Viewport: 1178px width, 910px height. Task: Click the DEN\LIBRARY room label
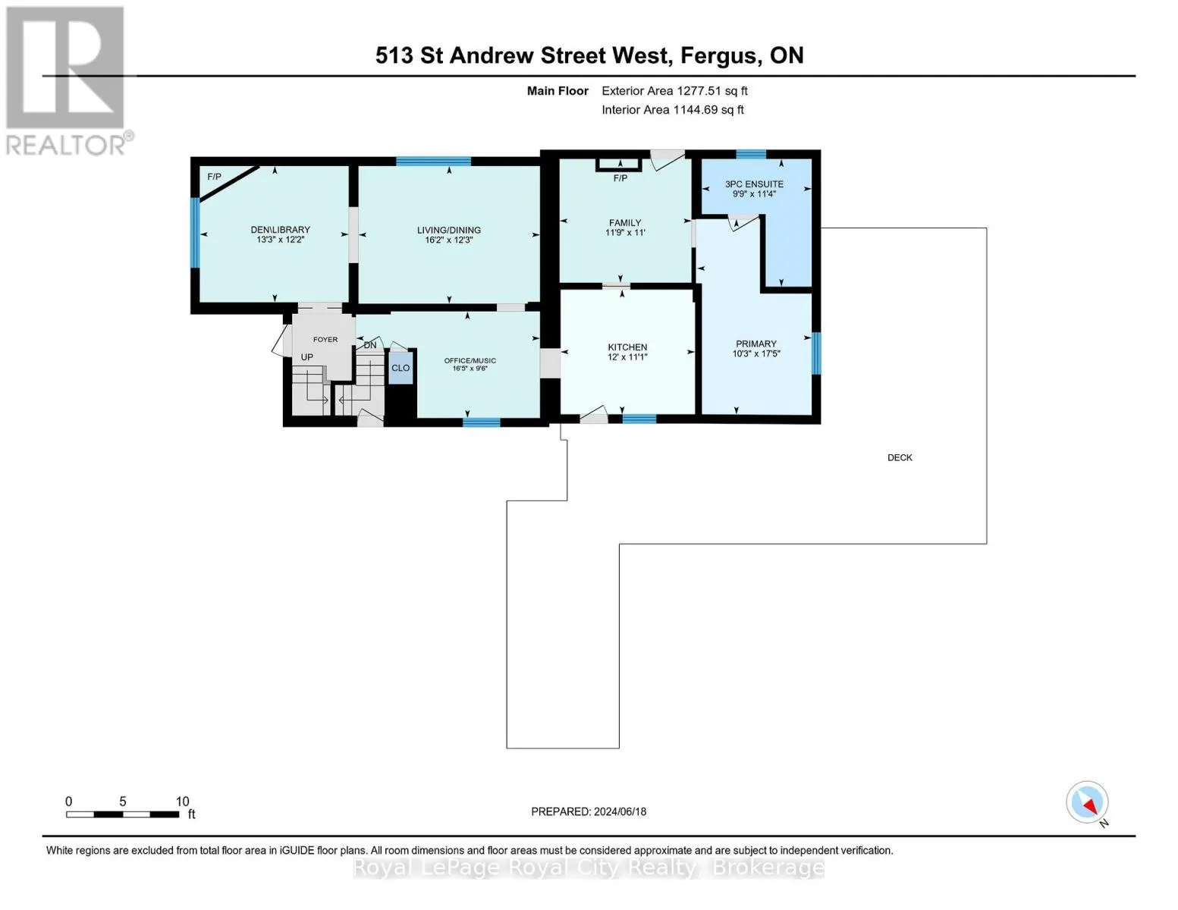pos(280,230)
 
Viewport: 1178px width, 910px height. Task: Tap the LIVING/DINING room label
pos(448,230)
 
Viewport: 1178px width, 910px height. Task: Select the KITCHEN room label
pos(627,347)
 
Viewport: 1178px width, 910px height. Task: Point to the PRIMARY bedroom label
pos(755,344)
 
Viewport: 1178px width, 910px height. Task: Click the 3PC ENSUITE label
pos(754,184)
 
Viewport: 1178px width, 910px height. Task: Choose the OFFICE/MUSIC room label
pos(470,360)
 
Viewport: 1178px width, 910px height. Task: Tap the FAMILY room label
pos(625,223)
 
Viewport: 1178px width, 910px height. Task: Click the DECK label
pos(900,457)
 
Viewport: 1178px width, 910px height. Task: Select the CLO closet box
pos(401,368)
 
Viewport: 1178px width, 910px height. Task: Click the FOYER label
pos(325,340)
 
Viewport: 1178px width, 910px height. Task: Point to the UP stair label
pos(307,357)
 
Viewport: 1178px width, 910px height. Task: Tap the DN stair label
pos(370,345)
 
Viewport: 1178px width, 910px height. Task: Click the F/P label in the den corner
pos(215,177)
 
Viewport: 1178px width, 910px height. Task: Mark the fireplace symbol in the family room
pos(620,164)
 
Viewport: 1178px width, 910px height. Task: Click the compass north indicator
pos(1088,803)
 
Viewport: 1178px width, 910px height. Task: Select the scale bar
pos(122,814)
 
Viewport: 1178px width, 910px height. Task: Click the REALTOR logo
pos(66,80)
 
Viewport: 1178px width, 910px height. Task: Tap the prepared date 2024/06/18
pos(589,811)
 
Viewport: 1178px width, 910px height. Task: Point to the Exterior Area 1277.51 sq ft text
pos(674,91)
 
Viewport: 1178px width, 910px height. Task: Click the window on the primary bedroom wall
pos(816,353)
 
